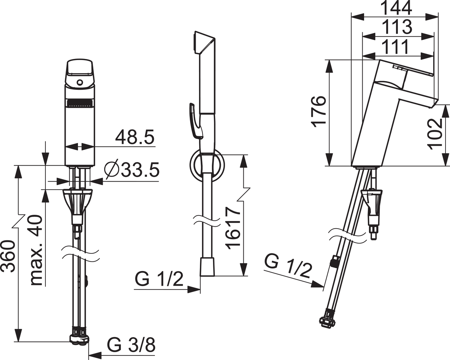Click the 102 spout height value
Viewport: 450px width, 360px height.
(x=435, y=134)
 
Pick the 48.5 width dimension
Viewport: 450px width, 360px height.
(x=135, y=137)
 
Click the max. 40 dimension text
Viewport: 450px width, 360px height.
(x=36, y=250)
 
